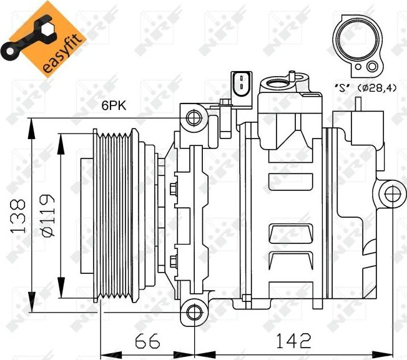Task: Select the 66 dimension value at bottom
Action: pos(147,341)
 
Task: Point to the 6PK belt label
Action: pos(114,106)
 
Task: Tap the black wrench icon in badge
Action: pos(24,40)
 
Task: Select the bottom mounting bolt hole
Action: pos(194,310)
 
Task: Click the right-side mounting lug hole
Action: pos(391,193)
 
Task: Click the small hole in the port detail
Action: pos(373,66)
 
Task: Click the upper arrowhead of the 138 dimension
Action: pos(30,123)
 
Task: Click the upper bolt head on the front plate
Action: pos(174,187)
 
